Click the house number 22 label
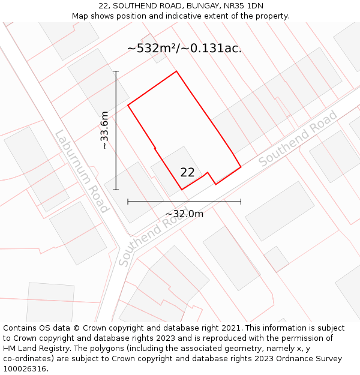(187, 172)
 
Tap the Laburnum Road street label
(82, 172)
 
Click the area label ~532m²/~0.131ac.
(184, 49)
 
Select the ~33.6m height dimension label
(104, 130)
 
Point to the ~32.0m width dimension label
(184, 214)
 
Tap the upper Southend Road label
(298, 139)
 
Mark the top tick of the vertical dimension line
(116, 71)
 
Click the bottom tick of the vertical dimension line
(116, 190)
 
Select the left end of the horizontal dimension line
(128, 202)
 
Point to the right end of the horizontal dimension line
(241, 202)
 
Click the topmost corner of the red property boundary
(176, 71)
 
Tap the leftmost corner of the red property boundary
(128, 106)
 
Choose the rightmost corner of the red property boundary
(241, 166)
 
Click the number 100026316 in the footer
(25, 369)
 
